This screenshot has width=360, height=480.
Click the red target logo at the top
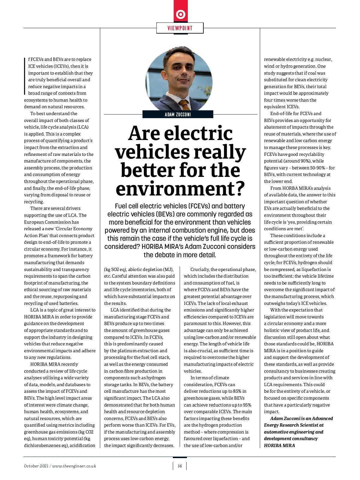coord(181,14)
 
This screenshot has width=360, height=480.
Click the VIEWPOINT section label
coord(180,28)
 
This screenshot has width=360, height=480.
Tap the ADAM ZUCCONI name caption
coord(178,115)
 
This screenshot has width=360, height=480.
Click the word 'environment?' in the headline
coord(180,189)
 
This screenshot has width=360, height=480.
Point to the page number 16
coord(180,466)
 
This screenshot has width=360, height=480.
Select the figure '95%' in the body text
coord(247,405)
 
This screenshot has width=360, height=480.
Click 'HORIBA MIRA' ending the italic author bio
coord(279,446)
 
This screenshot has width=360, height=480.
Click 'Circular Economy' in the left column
coord(74,229)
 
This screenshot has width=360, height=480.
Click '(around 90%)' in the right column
coord(295,161)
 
